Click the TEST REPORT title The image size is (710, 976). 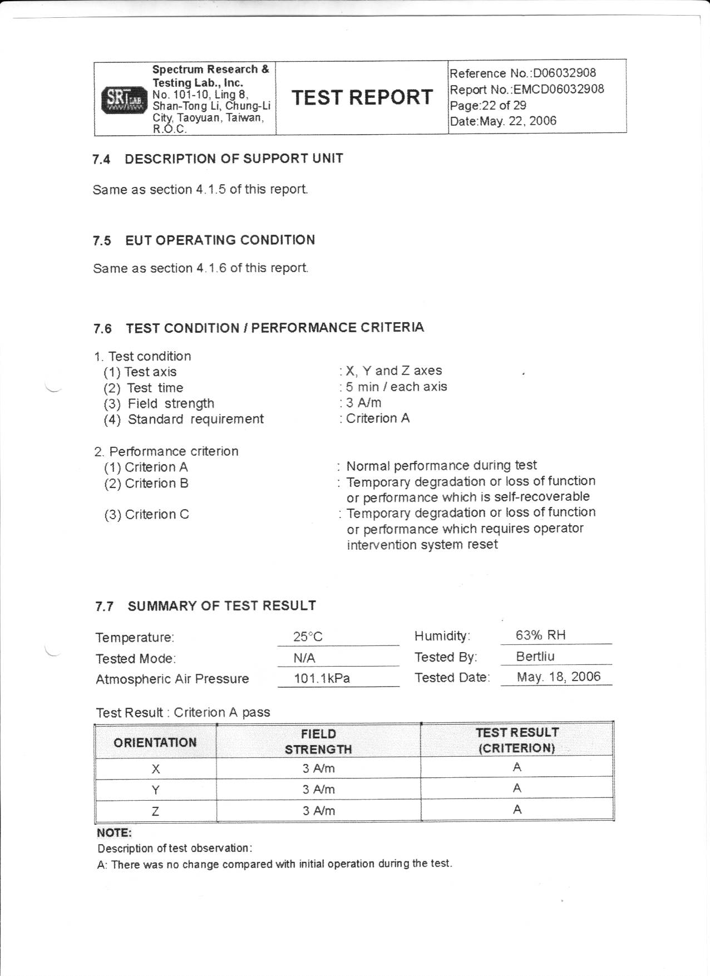point(362,97)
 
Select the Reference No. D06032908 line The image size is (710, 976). point(522,73)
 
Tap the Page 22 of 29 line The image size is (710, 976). point(488,105)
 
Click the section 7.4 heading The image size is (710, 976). point(218,159)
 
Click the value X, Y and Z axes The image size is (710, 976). point(393,371)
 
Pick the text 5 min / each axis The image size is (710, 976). point(396,387)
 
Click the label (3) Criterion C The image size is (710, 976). point(147,515)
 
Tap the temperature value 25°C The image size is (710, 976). point(308,637)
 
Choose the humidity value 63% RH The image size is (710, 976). point(540,635)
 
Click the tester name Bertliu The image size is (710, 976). point(535,657)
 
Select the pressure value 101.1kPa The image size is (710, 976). point(322,679)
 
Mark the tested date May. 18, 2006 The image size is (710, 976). point(558,677)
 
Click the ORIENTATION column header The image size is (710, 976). point(155,742)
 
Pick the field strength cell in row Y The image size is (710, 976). point(318,790)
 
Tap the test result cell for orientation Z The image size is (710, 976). point(517,810)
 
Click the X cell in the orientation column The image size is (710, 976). point(156,769)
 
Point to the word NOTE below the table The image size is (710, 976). point(114,833)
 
